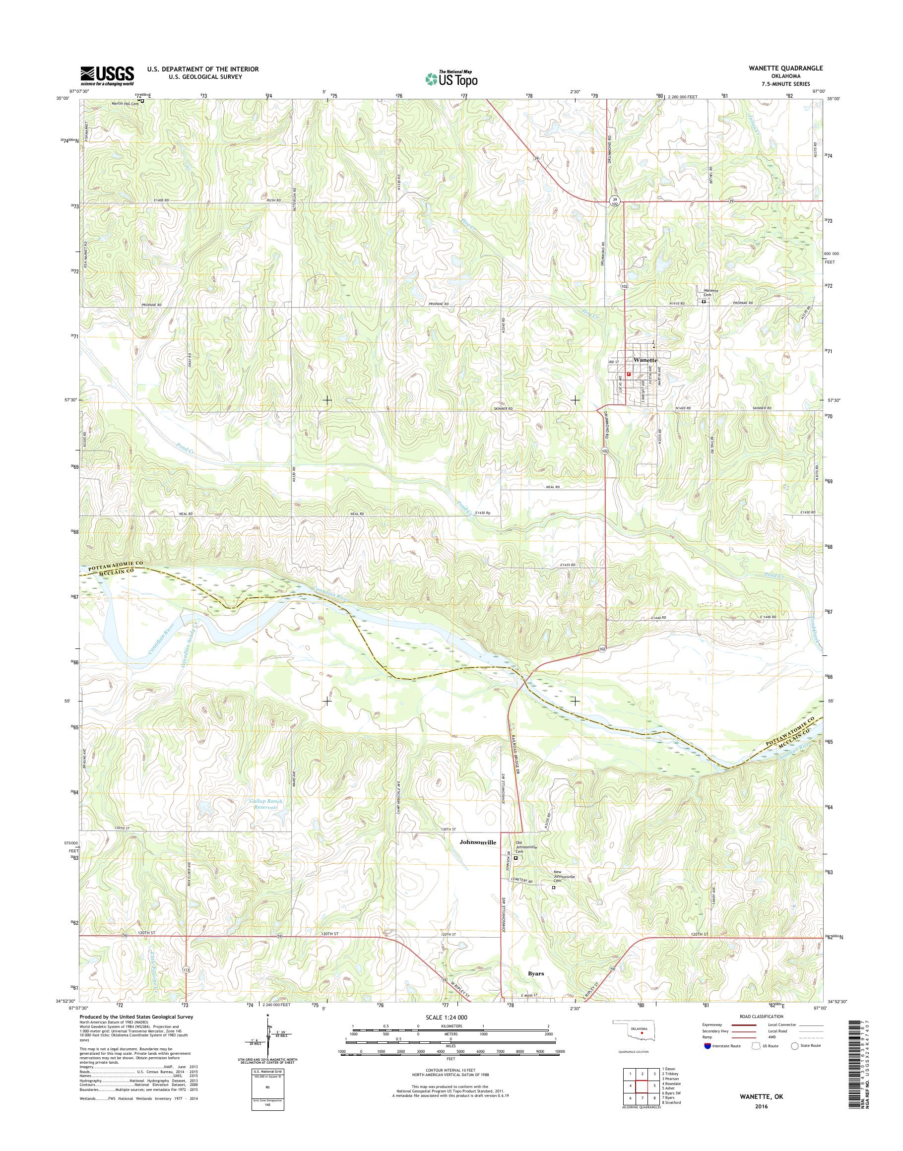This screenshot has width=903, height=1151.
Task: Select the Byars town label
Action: pyautogui.click(x=536, y=972)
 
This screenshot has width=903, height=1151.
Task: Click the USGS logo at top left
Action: pyautogui.click(x=107, y=75)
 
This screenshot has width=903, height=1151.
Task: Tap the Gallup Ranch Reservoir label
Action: pyautogui.click(x=265, y=804)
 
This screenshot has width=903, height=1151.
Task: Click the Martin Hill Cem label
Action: pyautogui.click(x=125, y=103)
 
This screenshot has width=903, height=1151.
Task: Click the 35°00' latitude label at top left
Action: pyautogui.click(x=63, y=98)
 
